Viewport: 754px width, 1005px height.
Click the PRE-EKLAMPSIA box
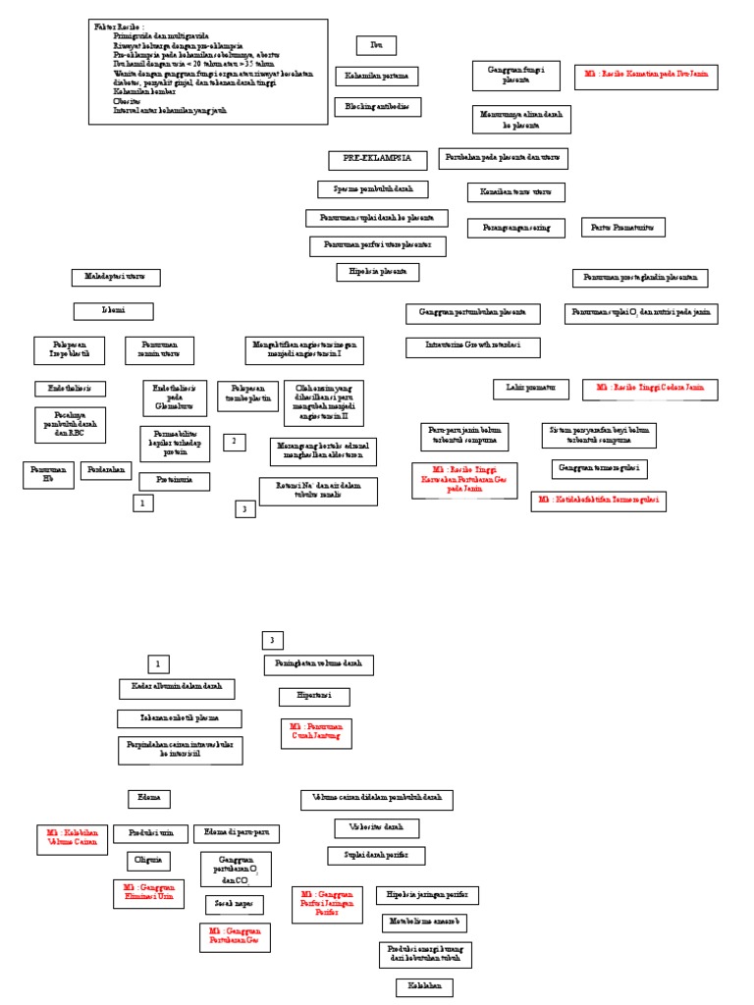coord(377,160)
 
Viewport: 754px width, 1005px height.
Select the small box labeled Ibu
coord(376,45)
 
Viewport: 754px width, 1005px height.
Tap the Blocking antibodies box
coord(377,107)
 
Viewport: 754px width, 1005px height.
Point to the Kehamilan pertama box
coord(376,77)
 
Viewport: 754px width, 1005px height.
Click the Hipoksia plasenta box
coord(377,272)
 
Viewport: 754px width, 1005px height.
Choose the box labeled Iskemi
coord(113,311)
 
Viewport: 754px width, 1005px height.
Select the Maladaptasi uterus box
coord(116,278)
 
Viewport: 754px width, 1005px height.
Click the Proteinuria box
coord(174,481)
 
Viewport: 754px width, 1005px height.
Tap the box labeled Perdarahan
coord(105,470)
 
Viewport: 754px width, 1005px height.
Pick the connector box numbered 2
coord(234,443)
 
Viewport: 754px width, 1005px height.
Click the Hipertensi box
coord(314,697)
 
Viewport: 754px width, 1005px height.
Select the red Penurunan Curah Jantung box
coord(316,733)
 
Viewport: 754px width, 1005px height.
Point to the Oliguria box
coord(148,862)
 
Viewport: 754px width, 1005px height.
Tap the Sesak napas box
coord(234,905)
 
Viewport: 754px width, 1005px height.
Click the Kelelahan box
coord(424,987)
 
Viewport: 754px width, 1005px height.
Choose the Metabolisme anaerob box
coord(424,923)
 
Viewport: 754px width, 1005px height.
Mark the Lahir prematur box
coord(531,390)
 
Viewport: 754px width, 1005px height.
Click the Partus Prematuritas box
coord(622,228)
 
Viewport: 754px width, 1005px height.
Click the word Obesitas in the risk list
coord(128,101)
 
